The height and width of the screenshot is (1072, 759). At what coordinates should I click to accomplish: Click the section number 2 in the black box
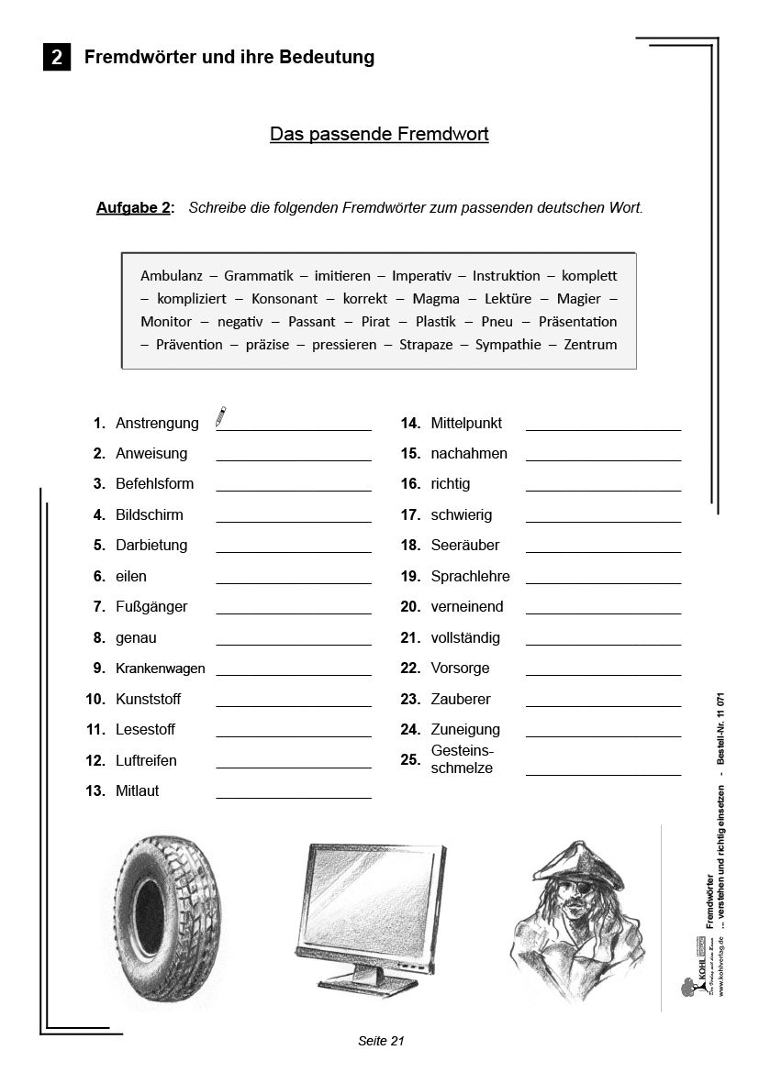(57, 58)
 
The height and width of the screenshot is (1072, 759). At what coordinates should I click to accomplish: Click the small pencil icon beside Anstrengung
(220, 417)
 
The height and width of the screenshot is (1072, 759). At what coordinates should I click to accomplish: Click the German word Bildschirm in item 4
(149, 514)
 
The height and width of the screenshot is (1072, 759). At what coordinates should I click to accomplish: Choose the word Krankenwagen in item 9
(160, 669)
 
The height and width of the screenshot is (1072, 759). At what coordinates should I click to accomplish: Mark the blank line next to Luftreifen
(294, 767)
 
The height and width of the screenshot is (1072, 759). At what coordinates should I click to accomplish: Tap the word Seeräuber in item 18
(464, 546)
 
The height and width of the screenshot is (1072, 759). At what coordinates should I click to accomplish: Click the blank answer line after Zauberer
(603, 705)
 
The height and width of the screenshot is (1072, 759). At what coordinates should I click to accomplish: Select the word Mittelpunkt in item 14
(466, 424)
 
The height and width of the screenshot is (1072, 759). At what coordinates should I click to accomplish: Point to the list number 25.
(410, 759)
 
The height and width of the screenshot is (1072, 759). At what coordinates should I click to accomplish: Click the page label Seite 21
(381, 1040)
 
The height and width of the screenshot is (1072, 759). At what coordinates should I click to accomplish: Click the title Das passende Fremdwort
(379, 135)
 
